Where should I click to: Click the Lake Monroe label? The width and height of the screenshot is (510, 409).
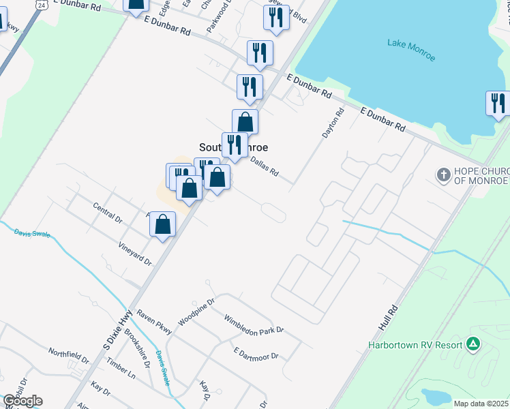click(x=411, y=49)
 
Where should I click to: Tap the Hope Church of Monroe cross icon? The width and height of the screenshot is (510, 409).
click(x=443, y=175)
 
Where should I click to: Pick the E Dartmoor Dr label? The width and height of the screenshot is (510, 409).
click(x=256, y=354)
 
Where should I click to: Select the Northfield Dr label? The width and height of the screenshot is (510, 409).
click(x=68, y=355)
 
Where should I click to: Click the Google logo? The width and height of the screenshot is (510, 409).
click(x=22, y=401)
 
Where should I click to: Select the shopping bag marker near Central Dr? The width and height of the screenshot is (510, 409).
click(x=163, y=224)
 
